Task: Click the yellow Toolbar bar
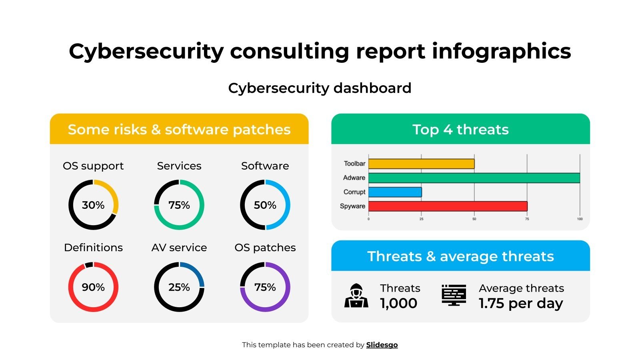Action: [421, 164]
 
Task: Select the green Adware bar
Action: [474, 178]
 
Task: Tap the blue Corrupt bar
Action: [395, 192]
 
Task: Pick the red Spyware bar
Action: [448, 206]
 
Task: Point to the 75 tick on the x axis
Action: [527, 219]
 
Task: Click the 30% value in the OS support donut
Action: [93, 205]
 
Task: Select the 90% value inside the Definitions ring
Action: [93, 287]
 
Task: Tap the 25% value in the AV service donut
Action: [179, 287]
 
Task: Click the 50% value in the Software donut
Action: [265, 205]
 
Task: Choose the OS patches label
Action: [265, 248]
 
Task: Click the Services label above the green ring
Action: [179, 166]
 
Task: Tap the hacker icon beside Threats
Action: [356, 296]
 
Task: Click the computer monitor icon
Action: [454, 295]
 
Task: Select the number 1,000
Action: [398, 303]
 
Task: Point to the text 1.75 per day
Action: [521, 303]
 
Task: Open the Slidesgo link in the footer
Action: [382, 345]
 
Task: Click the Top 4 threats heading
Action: [460, 130]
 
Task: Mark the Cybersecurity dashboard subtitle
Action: [320, 88]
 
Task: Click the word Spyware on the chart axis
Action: [352, 206]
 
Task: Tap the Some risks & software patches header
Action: [179, 130]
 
